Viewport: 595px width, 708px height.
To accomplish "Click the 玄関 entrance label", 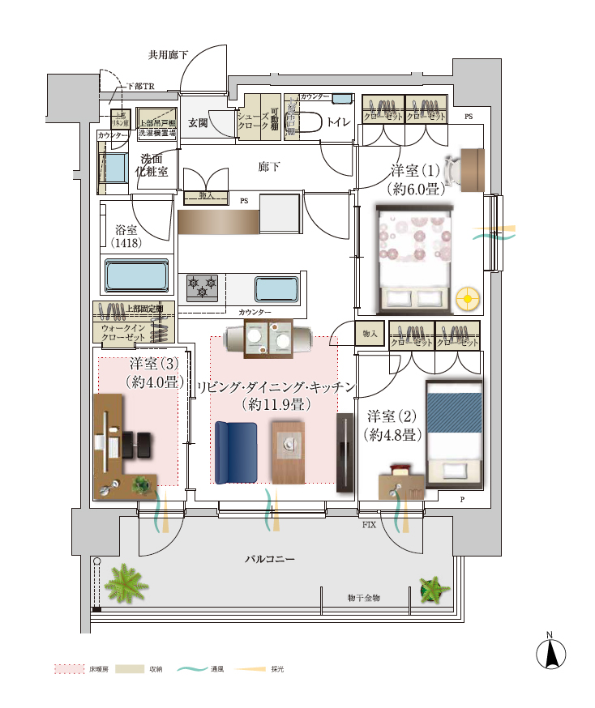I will [198, 123].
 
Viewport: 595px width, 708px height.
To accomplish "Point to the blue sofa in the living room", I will [235, 451].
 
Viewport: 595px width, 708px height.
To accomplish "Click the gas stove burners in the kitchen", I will [203, 288].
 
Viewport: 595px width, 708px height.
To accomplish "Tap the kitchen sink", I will [277, 289].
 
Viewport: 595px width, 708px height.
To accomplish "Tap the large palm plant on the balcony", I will [126, 583].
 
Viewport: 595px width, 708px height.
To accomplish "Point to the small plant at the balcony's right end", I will [434, 589].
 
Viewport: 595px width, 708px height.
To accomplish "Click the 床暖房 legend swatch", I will [68, 670].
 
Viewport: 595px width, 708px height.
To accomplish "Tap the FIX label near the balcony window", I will [370, 526].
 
